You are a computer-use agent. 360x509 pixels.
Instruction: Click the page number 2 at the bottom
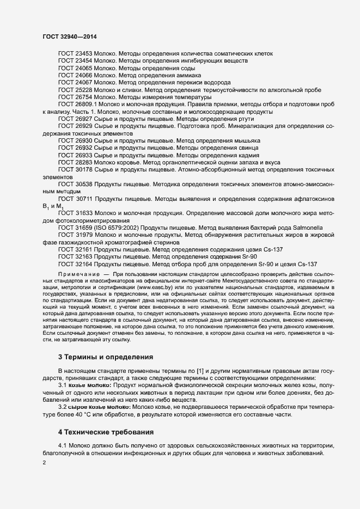coord(44,463)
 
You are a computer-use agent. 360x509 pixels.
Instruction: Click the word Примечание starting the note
coord(78,274)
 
